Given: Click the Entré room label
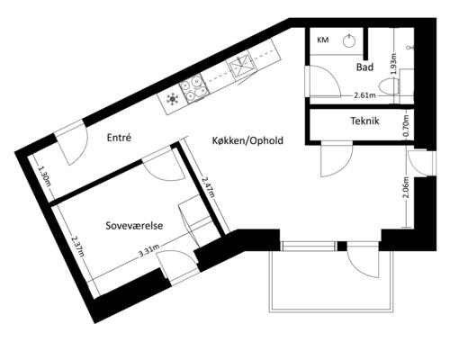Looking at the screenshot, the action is click(119, 138).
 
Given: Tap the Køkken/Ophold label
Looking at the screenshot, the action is click(247, 140).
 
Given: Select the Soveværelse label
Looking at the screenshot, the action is click(134, 226).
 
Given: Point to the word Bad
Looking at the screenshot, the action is click(364, 67).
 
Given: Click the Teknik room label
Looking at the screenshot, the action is click(364, 121).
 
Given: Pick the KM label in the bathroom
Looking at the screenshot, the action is click(323, 40).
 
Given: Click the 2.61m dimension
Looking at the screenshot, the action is click(364, 95).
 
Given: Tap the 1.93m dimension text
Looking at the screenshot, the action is click(394, 64).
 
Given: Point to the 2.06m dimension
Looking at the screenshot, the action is click(406, 187).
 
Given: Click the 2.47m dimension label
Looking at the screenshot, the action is click(208, 187).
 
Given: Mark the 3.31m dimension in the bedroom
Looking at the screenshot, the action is click(148, 251).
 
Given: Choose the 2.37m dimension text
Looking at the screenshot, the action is click(77, 246).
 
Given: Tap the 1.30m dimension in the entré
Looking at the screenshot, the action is click(44, 177).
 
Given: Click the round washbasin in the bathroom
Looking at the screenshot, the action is click(349, 40).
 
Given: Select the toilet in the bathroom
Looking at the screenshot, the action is click(389, 86).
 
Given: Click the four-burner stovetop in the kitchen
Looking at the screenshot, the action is click(193, 87).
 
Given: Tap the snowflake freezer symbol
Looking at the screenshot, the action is click(172, 98).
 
